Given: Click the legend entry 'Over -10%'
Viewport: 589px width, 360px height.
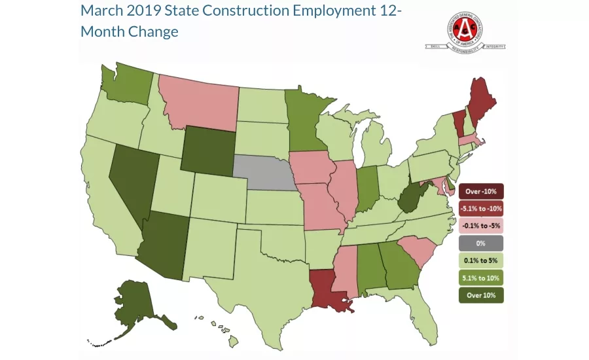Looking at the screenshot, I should (481, 192).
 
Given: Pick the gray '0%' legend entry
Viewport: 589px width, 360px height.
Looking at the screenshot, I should (481, 243).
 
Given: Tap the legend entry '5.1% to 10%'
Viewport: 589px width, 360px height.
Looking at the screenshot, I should (481, 278).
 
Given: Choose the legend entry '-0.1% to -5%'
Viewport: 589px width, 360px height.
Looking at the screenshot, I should (481, 226).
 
